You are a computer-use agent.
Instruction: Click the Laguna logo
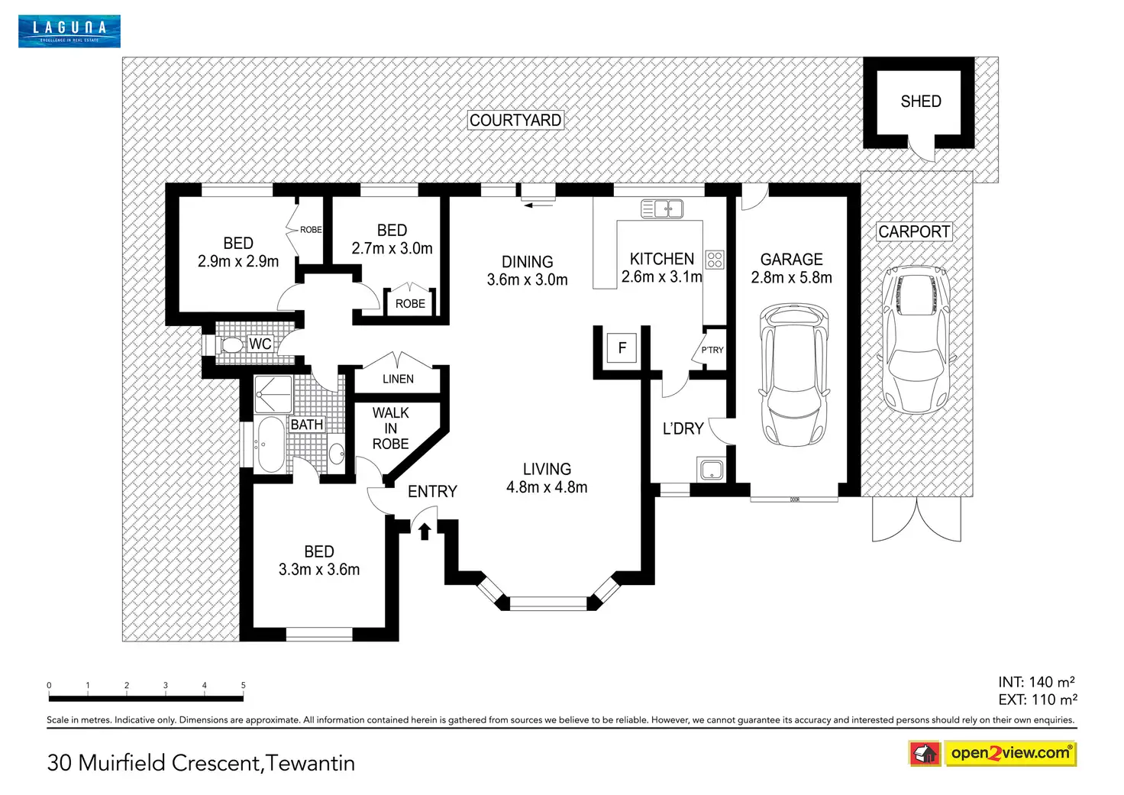coord(69,31)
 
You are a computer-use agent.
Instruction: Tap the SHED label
coord(920,102)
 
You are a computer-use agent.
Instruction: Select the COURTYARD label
coord(515,120)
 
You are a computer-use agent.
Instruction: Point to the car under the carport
coord(916,340)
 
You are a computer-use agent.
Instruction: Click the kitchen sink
coord(662,208)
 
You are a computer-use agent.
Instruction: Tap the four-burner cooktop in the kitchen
coord(715,260)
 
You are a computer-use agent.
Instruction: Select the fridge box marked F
coord(622,347)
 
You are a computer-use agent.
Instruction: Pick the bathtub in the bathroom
coord(271,444)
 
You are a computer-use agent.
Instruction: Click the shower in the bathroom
coord(273,395)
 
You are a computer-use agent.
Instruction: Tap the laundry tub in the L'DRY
coord(711,470)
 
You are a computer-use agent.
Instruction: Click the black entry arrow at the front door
coord(425,532)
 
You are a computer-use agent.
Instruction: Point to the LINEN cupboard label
coord(398,379)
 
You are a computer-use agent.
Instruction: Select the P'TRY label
coord(712,350)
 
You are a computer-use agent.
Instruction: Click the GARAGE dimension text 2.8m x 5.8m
coord(791,277)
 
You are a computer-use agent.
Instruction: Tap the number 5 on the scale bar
coord(244,685)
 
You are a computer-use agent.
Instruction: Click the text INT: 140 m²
coord(1036,682)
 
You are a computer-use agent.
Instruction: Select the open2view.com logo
coord(993,754)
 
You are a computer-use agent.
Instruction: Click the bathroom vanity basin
coord(336,454)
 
